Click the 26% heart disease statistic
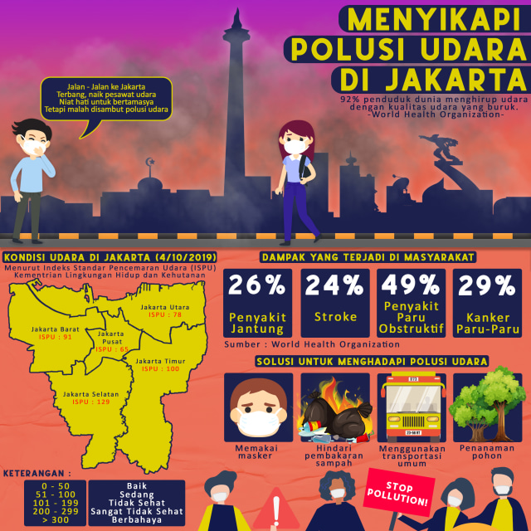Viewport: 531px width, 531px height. [x=258, y=286]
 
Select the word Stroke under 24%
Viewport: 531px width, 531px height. [x=334, y=317]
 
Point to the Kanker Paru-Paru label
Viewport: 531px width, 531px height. [x=487, y=323]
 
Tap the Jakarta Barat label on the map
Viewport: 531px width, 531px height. [x=56, y=329]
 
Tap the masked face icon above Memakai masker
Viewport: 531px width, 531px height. [x=258, y=407]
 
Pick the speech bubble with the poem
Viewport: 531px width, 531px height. [x=105, y=99]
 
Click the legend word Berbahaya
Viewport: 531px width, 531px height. [x=136, y=520]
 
